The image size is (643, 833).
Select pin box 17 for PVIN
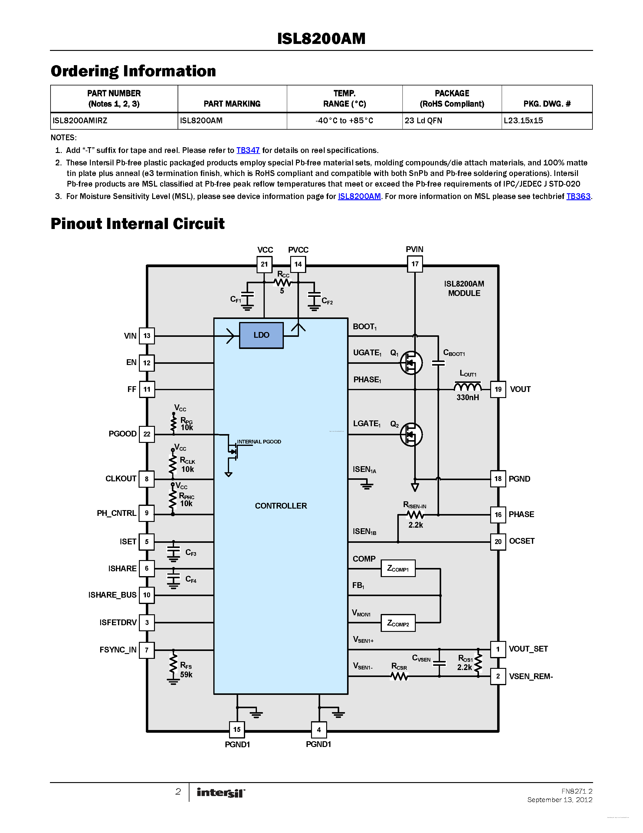tap(415, 264)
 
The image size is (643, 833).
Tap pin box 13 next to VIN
tap(147, 336)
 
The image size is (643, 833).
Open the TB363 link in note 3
tap(578, 196)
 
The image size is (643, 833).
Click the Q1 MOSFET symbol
tap(411, 363)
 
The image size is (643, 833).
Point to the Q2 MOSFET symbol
tap(411, 434)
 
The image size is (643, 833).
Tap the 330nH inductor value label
tap(467, 397)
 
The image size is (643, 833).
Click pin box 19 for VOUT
tap(498, 390)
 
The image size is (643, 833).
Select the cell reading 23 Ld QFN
tap(423, 121)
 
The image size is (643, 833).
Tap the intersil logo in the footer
tap(221, 793)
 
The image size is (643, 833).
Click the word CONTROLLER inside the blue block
tap(281, 506)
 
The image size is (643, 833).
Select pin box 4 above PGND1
tap(319, 730)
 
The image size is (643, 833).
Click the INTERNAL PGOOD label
tap(259, 442)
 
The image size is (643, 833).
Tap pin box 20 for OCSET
tap(498, 542)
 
